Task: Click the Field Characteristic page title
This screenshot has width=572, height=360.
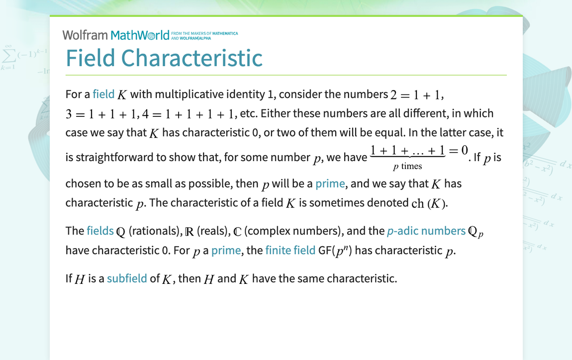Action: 164,58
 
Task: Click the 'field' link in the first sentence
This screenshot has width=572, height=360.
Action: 103,94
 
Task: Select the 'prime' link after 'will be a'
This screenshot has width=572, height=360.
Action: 330,183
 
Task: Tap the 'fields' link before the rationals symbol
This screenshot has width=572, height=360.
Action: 100,231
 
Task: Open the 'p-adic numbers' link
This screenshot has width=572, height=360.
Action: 426,231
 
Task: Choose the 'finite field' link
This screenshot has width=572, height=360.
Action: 290,250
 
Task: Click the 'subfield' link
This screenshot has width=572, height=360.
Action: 127,278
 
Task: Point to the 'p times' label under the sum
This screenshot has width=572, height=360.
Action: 407,166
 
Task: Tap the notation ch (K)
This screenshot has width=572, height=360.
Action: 429,203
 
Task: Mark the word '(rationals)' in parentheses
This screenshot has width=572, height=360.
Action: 154,231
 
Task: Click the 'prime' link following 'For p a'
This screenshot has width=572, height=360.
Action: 226,250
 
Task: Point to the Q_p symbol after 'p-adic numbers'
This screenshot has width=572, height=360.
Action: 476,232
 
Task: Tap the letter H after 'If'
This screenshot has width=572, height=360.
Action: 80,278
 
